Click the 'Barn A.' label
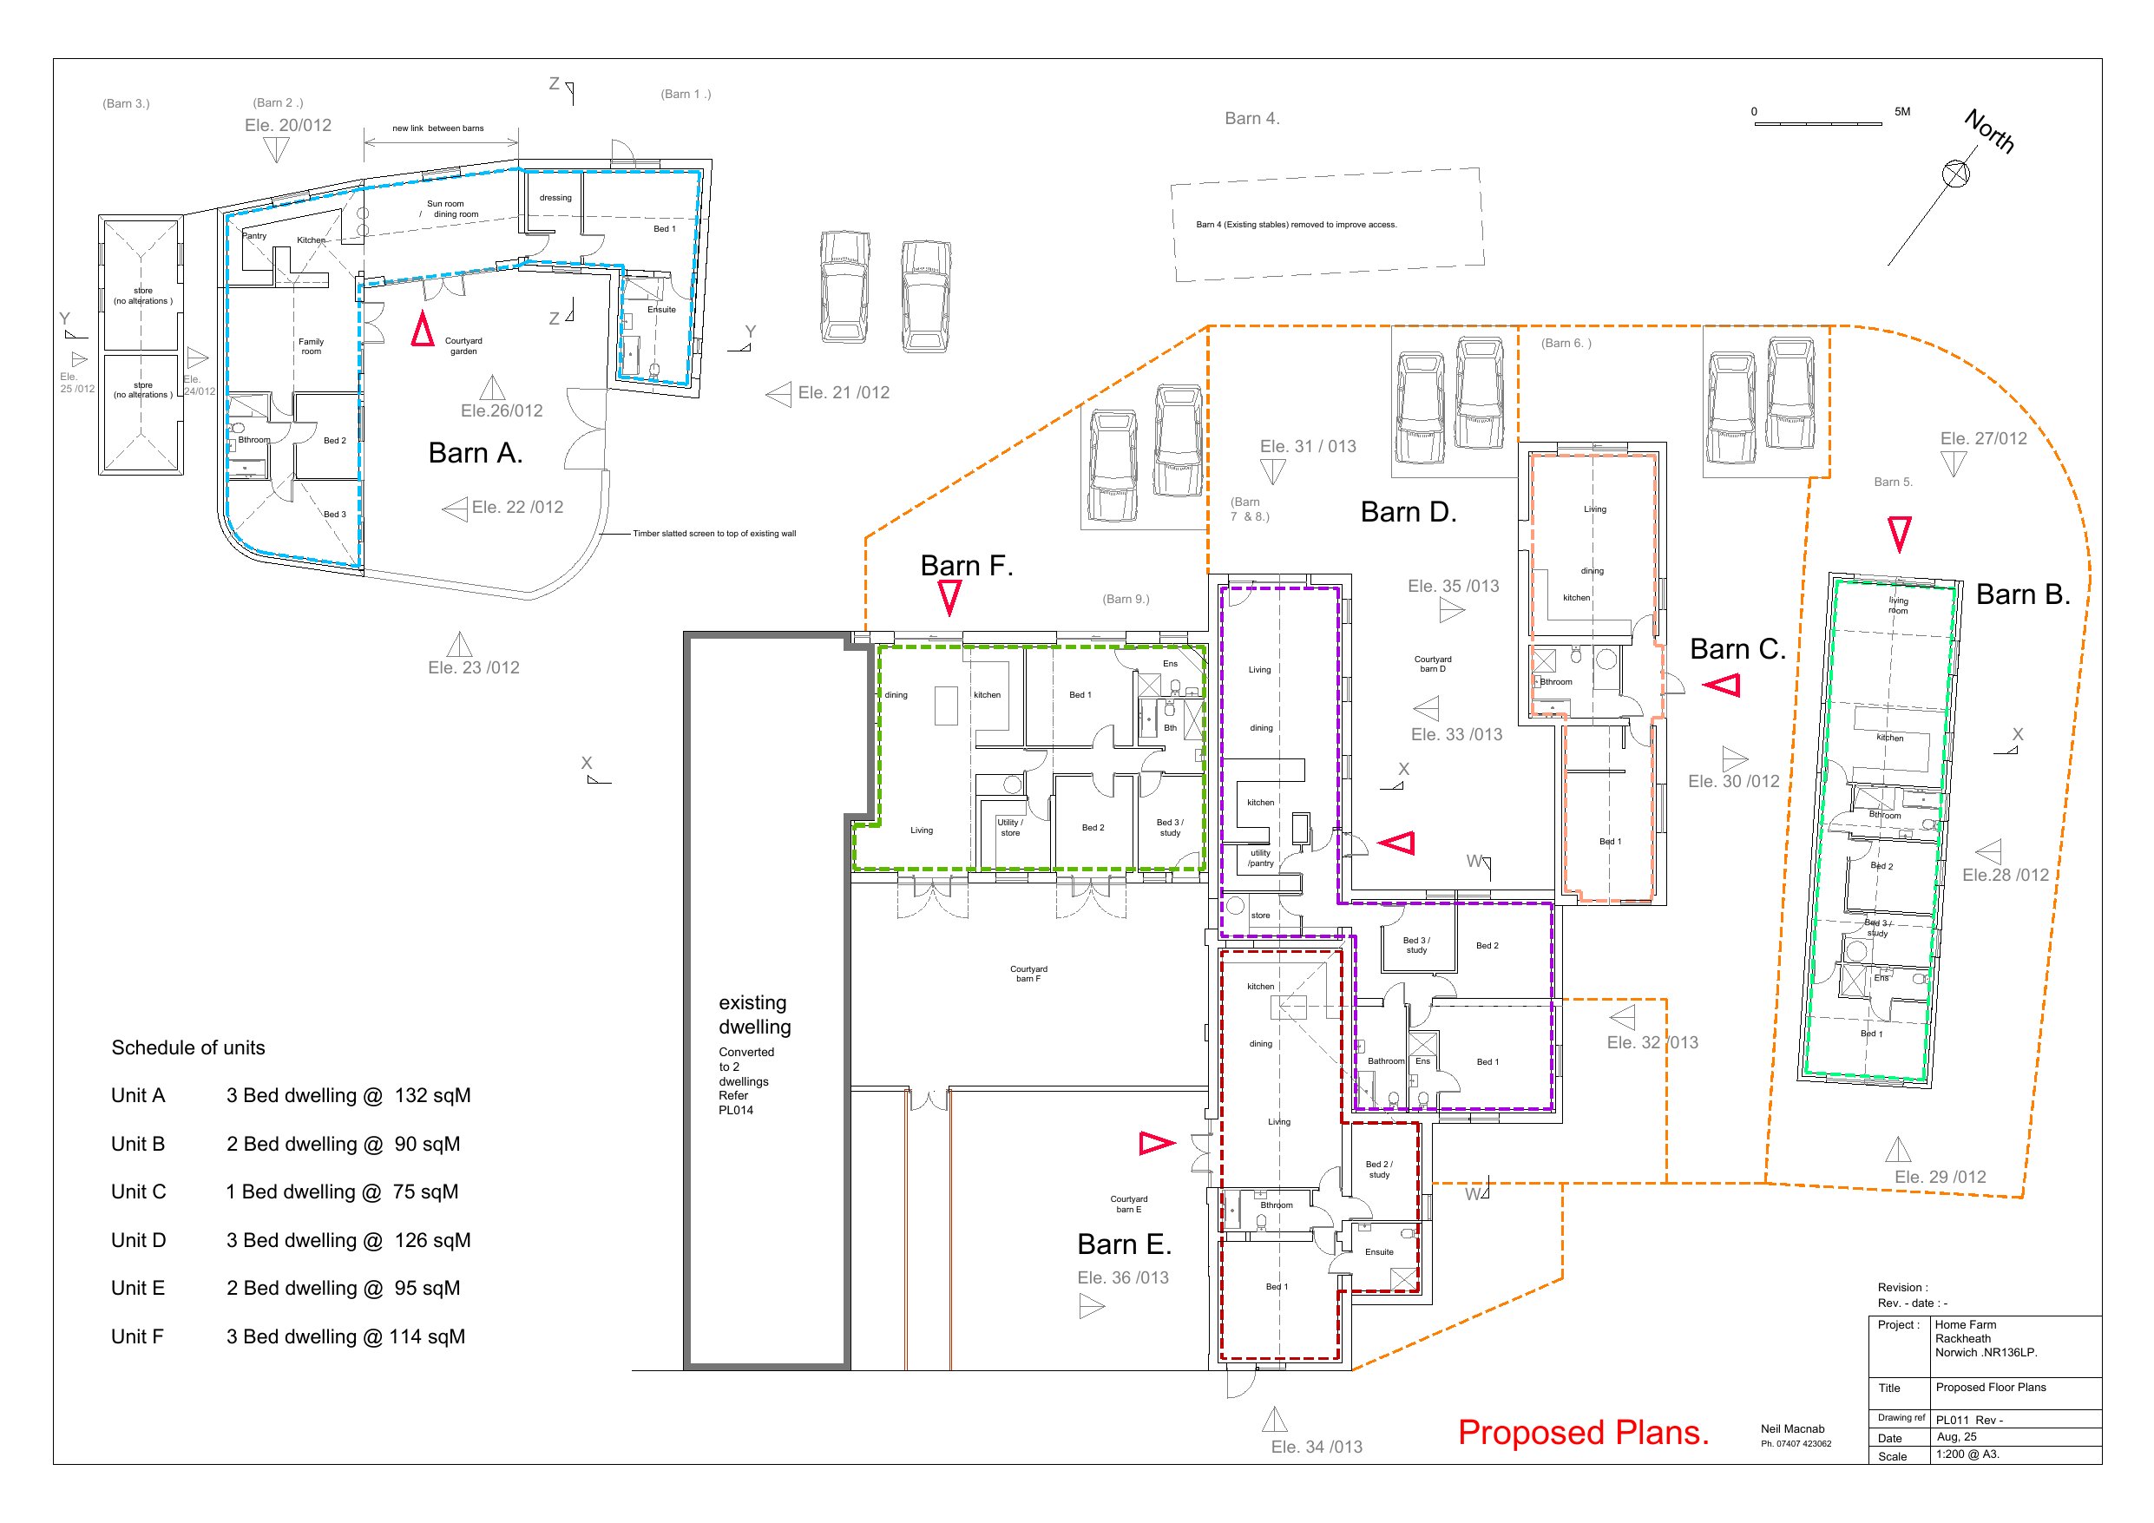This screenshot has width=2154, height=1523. click(475, 453)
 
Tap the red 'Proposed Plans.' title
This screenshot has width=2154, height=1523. click(1584, 1433)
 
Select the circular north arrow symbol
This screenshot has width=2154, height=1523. click(1956, 174)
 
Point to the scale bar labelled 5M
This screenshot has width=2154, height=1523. click(1818, 123)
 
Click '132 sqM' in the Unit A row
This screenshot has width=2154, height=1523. click(432, 1095)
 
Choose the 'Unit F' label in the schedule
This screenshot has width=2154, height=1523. click(137, 1336)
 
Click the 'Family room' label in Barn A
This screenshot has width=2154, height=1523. click(312, 346)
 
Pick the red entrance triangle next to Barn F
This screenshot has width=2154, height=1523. click(949, 597)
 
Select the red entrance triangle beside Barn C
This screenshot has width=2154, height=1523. click(1722, 685)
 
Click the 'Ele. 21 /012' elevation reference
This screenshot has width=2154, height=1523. click(844, 393)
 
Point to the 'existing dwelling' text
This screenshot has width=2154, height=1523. click(754, 1014)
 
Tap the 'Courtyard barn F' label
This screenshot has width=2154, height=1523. click(1028, 974)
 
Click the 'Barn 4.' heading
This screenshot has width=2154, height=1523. click(1252, 118)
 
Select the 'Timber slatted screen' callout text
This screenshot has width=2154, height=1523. click(714, 534)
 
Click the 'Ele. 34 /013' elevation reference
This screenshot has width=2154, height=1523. click(1317, 1447)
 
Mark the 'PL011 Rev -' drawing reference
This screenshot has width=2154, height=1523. click(1969, 1420)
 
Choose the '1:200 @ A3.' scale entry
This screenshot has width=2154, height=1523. click(1967, 1454)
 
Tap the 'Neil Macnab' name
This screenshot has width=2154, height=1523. click(1793, 1429)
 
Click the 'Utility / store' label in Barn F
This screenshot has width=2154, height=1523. click(1010, 828)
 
